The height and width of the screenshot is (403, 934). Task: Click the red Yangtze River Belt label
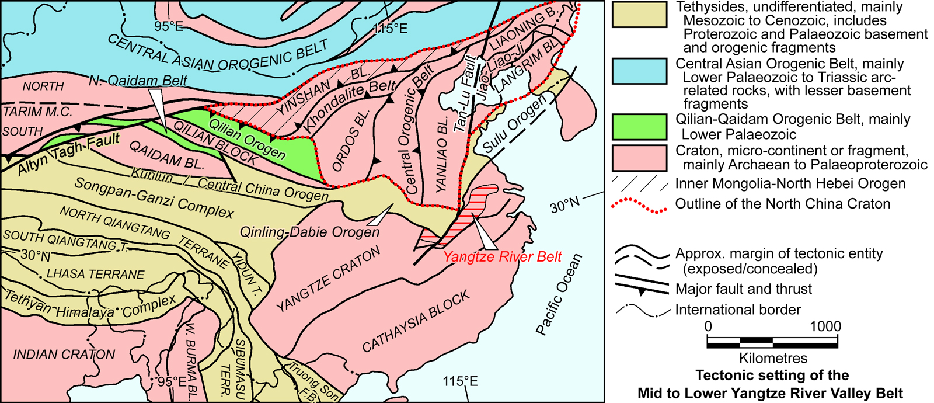(502, 256)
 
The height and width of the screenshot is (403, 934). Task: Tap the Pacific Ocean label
(559, 295)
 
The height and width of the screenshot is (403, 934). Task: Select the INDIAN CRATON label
(64, 355)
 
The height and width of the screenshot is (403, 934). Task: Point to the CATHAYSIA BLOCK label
(416, 322)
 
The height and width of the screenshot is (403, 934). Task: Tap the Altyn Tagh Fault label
(69, 154)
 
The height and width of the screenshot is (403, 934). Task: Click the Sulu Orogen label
(514, 125)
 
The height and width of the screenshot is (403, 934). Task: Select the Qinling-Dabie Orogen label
(310, 232)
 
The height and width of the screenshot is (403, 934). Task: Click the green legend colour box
(639, 127)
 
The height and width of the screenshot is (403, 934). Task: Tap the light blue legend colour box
(639, 71)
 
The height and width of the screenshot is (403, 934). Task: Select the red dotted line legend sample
(639, 205)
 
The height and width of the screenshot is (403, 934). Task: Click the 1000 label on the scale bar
(825, 326)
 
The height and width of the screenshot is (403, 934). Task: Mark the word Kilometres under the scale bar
(773, 358)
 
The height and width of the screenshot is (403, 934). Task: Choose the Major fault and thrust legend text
(743, 289)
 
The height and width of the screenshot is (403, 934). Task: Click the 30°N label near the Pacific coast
(566, 204)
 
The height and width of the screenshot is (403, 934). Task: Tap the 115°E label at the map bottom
(460, 381)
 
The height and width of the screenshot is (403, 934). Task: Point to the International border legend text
(738, 310)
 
